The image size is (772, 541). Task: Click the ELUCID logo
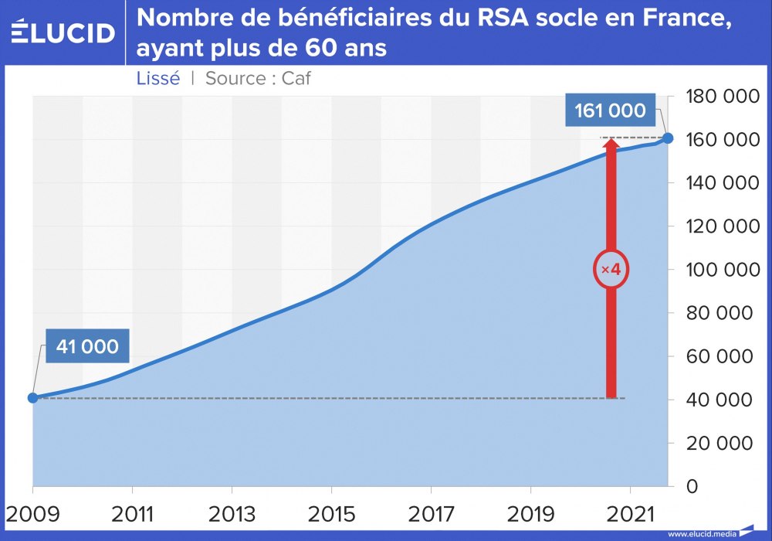click(x=63, y=32)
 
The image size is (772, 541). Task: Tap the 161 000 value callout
click(x=610, y=111)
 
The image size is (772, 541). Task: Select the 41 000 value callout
click(x=87, y=346)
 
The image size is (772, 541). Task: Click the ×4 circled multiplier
click(x=611, y=270)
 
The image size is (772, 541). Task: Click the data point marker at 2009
click(x=32, y=397)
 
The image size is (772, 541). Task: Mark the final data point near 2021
click(x=668, y=138)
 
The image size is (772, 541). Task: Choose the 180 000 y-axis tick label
click(x=720, y=97)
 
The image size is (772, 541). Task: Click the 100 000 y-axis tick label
click(x=720, y=270)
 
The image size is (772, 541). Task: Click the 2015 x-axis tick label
click(x=331, y=513)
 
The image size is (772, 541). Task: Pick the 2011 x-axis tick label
click(x=132, y=513)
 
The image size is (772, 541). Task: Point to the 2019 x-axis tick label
click(x=530, y=513)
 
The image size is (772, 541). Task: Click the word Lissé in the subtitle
click(x=158, y=78)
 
